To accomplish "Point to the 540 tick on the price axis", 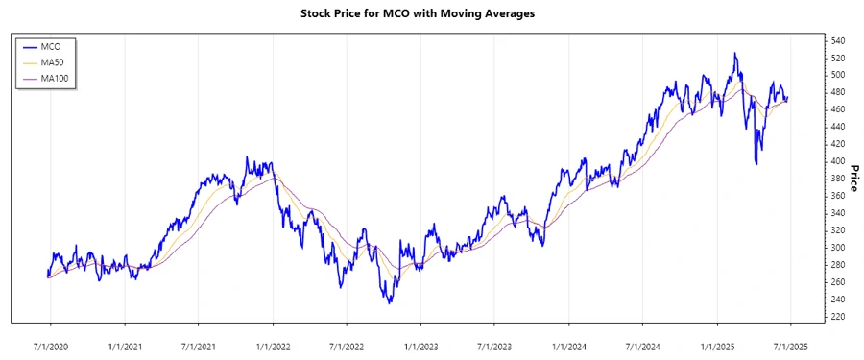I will click(838, 40).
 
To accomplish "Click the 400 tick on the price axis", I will click(838, 161).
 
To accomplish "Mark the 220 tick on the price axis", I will click(838, 317).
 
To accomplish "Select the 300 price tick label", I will click(838, 248).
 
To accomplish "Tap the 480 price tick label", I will click(838, 92).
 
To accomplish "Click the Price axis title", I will click(854, 179).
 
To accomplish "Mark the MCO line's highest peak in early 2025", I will click(735, 54).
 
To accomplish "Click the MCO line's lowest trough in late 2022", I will click(390, 303).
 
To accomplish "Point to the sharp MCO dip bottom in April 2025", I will click(757, 164).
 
